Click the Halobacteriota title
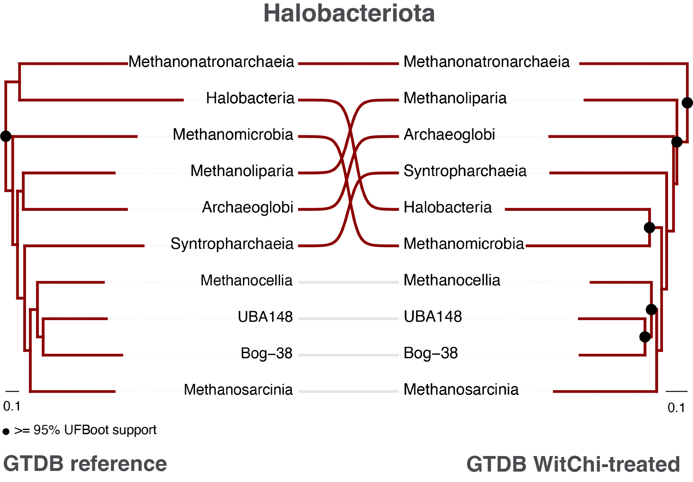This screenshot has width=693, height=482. [349, 14]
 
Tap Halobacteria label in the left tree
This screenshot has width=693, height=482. [250, 98]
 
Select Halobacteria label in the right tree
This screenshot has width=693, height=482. [447, 208]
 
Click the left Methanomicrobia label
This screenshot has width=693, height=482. [233, 135]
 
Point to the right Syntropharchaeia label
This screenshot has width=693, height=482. [465, 171]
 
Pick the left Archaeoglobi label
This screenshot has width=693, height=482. [247, 208]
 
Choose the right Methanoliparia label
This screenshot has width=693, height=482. [455, 98]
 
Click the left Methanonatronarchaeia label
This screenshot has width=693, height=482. [211, 62]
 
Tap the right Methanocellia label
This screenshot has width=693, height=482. [452, 280]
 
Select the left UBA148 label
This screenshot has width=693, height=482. [265, 317]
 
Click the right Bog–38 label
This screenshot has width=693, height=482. [431, 353]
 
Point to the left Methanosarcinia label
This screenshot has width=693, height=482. [238, 390]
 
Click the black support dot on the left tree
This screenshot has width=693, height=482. [6, 136]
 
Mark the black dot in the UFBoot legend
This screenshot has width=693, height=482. [6, 432]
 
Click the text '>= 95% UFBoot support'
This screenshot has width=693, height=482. [85, 430]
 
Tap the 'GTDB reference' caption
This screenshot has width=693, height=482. [85, 464]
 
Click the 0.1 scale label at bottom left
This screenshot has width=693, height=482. [12, 406]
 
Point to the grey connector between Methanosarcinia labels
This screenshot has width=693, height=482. [348, 392]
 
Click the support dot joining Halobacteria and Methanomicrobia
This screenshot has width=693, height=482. [649, 228]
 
